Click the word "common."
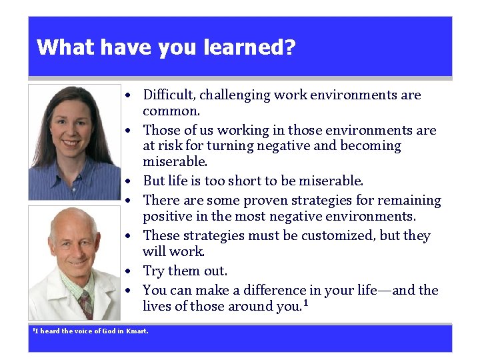tap(171, 111)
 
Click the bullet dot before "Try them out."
tap(134, 271)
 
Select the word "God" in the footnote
tap(110, 331)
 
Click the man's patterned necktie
tap(85, 303)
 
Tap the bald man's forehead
tap(73, 226)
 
